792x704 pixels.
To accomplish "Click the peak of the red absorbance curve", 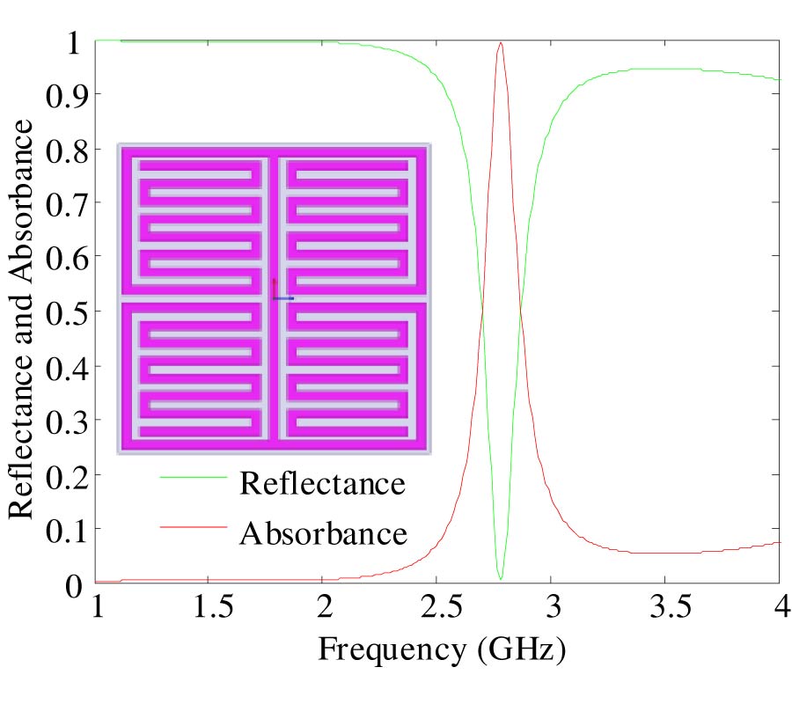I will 501,43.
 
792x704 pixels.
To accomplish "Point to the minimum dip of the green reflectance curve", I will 501,578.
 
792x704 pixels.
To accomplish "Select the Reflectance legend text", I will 323,484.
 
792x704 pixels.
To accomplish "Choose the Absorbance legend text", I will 323,533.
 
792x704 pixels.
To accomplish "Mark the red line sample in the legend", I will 193,527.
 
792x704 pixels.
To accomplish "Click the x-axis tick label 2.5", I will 436,609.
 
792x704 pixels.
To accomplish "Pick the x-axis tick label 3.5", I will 664,609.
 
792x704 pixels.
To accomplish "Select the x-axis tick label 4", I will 779,609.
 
